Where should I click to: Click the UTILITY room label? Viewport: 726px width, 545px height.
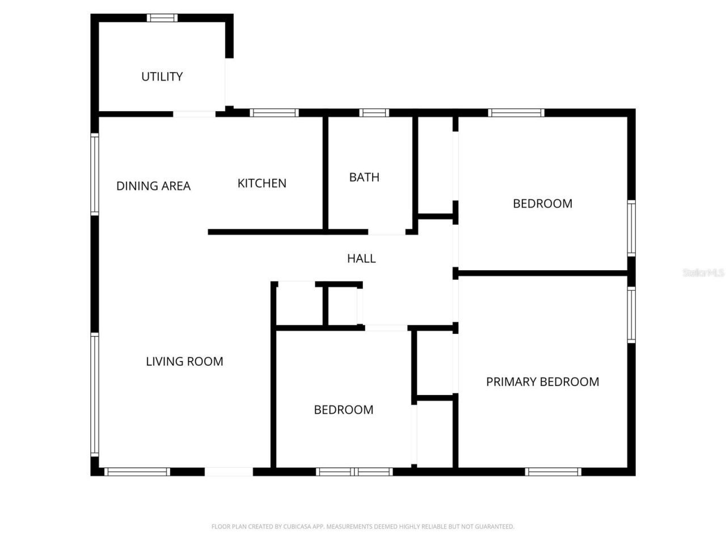pyautogui.click(x=162, y=77)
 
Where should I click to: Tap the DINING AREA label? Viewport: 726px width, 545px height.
pyautogui.click(x=153, y=186)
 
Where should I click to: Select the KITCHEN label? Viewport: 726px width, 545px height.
pyautogui.click(x=261, y=183)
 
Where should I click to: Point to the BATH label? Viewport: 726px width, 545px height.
pyautogui.click(x=364, y=177)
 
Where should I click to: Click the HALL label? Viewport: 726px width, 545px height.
pyautogui.click(x=361, y=259)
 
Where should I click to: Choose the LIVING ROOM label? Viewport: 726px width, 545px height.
pyautogui.click(x=184, y=362)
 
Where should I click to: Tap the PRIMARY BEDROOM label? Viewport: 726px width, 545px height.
pyautogui.click(x=542, y=382)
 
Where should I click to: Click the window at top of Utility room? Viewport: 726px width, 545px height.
pyautogui.click(x=162, y=18)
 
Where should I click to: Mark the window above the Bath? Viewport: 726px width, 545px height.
pyautogui.click(x=374, y=113)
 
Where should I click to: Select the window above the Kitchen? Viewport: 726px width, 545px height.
pyautogui.click(x=274, y=113)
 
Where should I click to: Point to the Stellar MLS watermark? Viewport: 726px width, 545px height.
pyautogui.click(x=703, y=272)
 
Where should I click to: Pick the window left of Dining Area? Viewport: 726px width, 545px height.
pyautogui.click(x=95, y=174)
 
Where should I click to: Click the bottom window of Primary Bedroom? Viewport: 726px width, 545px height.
pyautogui.click(x=553, y=472)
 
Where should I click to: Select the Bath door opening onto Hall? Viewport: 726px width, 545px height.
pyautogui.click(x=387, y=232)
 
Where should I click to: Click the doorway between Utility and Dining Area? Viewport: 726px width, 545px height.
pyautogui.click(x=194, y=114)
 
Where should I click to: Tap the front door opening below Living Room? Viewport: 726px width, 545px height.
pyautogui.click(x=229, y=472)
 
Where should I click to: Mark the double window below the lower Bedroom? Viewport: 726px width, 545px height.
pyautogui.click(x=354, y=472)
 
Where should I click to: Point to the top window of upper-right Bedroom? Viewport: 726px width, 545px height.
pyautogui.click(x=516, y=113)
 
